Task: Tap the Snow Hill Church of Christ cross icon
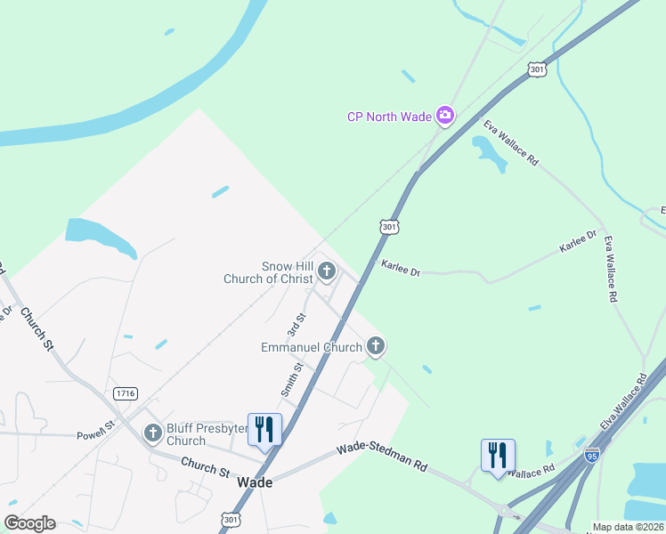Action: click(x=327, y=270)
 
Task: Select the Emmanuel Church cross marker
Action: click(x=376, y=345)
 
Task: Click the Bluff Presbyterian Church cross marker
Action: click(x=153, y=433)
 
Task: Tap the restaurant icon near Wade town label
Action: click(x=264, y=430)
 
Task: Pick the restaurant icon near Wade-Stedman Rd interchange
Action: click(x=499, y=456)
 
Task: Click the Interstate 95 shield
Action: click(x=592, y=455)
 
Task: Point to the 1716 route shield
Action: click(x=126, y=392)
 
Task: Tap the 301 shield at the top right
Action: click(x=536, y=69)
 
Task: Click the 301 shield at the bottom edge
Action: click(x=231, y=519)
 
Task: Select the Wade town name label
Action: click(x=255, y=481)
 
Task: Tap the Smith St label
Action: click(x=292, y=379)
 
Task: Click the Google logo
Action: click(x=29, y=523)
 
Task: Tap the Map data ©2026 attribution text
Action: click(x=628, y=527)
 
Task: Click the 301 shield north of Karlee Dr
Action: click(x=389, y=228)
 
